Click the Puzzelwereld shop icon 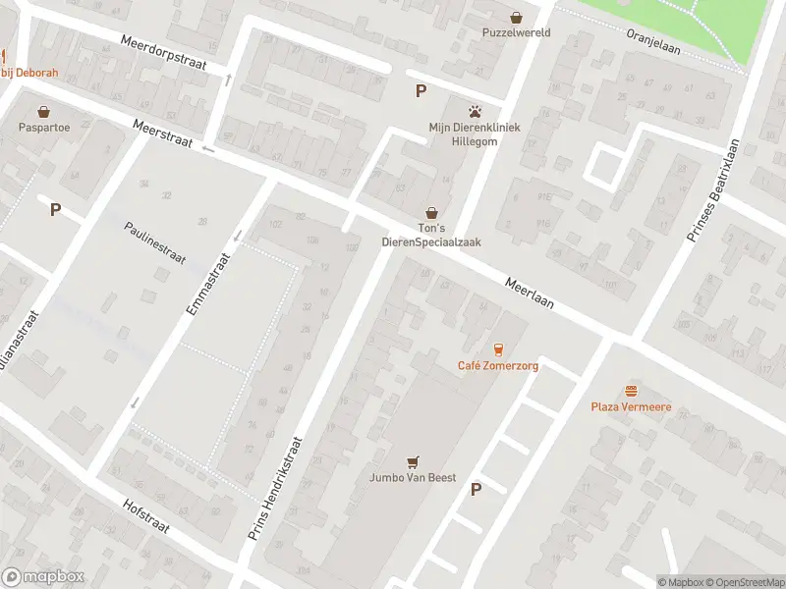[x=517, y=16]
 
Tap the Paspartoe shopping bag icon [x=43, y=111]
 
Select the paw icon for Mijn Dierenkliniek [x=476, y=111]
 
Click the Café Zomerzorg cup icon [x=498, y=349]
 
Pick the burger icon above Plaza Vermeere [x=631, y=390]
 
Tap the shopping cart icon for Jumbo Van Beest [x=414, y=461]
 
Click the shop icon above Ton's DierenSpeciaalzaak [x=431, y=212]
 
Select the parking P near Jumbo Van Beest [x=477, y=489]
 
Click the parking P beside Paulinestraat [x=55, y=209]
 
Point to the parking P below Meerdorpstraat [x=421, y=91]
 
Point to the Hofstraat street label [x=146, y=515]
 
